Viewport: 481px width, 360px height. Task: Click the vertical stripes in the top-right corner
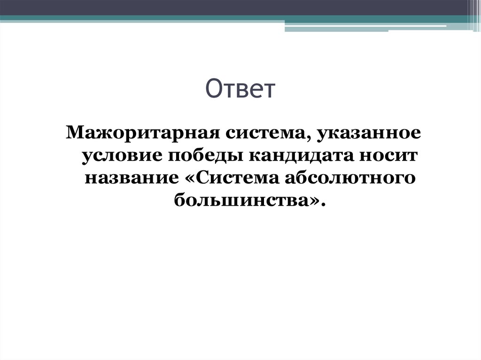(x=474, y=12)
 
